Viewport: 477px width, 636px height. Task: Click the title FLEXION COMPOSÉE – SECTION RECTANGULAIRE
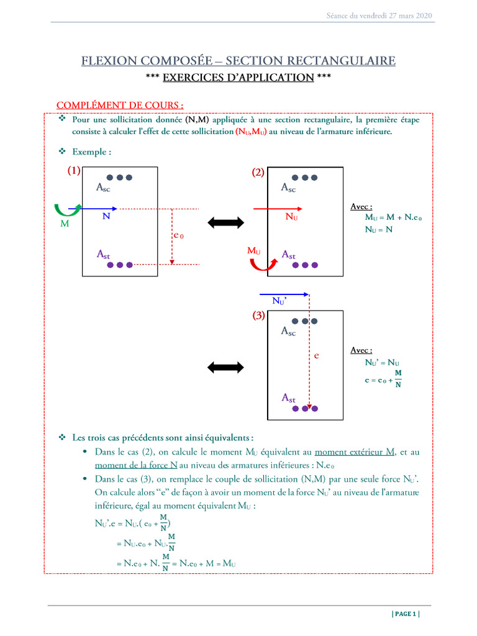(x=238, y=60)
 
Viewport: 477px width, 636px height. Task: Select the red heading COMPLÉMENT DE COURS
(x=120, y=105)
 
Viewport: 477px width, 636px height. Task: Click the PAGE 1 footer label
(x=406, y=614)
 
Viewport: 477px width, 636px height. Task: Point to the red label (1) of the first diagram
(x=74, y=172)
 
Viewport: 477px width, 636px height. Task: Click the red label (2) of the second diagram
(x=258, y=173)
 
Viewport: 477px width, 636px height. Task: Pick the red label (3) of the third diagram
(x=258, y=316)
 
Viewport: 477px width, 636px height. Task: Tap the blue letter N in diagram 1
(x=106, y=217)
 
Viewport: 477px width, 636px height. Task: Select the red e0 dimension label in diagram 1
(x=178, y=236)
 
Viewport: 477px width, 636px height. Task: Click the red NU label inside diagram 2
(x=291, y=217)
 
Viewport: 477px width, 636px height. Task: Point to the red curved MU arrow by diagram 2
(x=259, y=265)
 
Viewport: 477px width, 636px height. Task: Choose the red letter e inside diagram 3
(x=316, y=356)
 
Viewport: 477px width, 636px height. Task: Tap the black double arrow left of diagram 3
(x=226, y=367)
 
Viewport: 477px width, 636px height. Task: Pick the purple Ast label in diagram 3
(x=289, y=397)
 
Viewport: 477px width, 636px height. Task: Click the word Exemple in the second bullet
(x=91, y=152)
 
